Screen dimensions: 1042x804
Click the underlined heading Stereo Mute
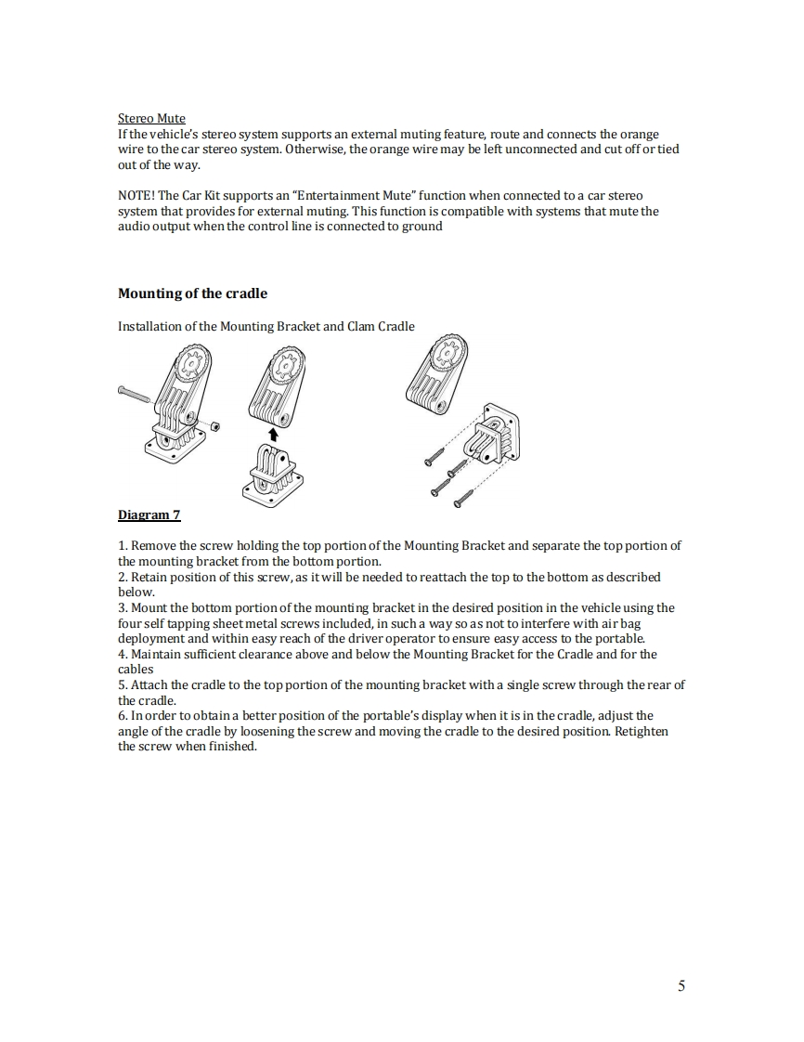coord(151,119)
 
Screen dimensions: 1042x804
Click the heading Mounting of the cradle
coord(192,293)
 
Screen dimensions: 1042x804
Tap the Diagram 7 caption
coord(149,514)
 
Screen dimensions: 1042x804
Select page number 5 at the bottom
coord(681,985)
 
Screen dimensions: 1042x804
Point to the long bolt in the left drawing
coord(142,395)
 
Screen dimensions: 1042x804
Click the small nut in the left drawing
coord(215,425)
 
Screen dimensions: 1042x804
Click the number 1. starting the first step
coord(123,545)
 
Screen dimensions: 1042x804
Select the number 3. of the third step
coord(123,607)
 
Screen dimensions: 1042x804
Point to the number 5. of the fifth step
coord(123,685)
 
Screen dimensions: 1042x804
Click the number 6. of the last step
coord(123,716)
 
